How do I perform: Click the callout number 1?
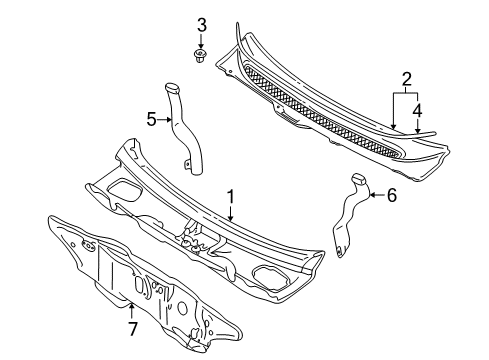[x=231, y=197]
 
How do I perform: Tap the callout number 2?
[x=406, y=80]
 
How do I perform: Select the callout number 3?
[x=201, y=26]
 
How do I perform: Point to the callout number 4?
[x=417, y=111]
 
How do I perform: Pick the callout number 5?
[x=152, y=119]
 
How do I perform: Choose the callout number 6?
[x=392, y=195]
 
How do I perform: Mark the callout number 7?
[x=132, y=329]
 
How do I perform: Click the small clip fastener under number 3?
[x=200, y=56]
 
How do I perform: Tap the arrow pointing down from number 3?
[x=201, y=42]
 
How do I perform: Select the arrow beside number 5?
[x=165, y=119]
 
